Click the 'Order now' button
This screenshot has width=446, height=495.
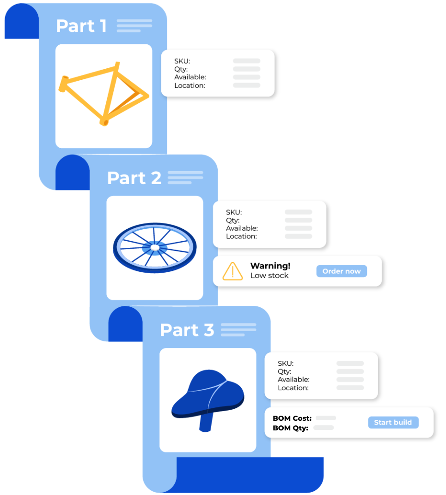pos(341,271)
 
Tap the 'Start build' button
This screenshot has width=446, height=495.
pos(393,423)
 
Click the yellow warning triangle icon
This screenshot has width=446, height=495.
pos(232,272)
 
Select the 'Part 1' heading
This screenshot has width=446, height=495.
pos(81,26)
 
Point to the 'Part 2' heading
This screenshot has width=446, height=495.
pos(134,178)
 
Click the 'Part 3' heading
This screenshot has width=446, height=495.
pos(187,330)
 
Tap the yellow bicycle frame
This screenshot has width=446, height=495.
pos(104,95)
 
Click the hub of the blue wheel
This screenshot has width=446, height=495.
pos(154,248)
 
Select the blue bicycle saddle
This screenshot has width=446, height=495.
pos(208,394)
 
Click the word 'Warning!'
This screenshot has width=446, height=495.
pos(270,266)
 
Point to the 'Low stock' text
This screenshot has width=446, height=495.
pos(269,276)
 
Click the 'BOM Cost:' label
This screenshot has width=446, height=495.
pos(292,418)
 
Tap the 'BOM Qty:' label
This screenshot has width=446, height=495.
pos(290,428)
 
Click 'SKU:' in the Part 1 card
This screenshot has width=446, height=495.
pos(182,61)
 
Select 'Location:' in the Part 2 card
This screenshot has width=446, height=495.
pos(241,237)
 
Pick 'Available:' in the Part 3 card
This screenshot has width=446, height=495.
pos(293,380)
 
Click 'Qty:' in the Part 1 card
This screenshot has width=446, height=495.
pos(181,69)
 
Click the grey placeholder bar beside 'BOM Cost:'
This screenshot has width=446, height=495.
pos(326,418)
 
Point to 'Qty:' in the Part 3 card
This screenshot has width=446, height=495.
pos(284,371)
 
